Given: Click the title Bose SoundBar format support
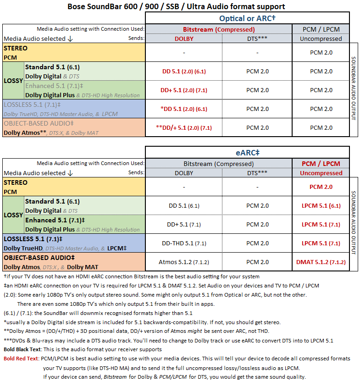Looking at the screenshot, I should click(176, 6).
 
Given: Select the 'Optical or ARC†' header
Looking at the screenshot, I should click(247, 18).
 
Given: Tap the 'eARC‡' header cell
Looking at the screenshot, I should click(247, 153).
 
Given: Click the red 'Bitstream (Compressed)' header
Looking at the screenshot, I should click(219, 29).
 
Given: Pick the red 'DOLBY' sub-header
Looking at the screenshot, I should click(184, 39).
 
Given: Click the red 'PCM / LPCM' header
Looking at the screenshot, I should click(321, 164).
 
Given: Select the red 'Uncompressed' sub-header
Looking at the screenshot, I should click(321, 173).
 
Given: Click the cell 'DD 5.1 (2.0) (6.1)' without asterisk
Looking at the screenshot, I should click(184, 71).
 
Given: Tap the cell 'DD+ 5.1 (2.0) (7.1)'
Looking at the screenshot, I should click(184, 90).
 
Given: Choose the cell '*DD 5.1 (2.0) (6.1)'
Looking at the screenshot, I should click(184, 109).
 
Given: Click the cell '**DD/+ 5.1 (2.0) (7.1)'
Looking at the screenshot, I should click(184, 127).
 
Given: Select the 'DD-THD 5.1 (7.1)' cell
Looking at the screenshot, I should click(184, 243).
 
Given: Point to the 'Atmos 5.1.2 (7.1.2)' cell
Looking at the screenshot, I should click(184, 262).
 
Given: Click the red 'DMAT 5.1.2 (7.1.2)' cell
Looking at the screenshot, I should click(321, 262).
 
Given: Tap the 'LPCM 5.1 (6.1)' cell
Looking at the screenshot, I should click(321, 205).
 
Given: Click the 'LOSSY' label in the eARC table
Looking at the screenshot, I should click(13, 215).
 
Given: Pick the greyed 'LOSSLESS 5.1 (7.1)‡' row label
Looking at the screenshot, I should click(32, 105).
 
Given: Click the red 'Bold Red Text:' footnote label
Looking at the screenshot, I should click(21, 358).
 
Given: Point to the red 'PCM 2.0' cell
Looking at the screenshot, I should click(321, 187).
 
